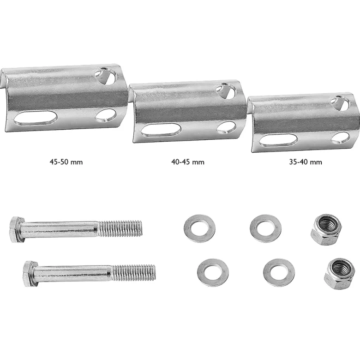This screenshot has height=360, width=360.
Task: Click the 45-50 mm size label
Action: click(66, 162)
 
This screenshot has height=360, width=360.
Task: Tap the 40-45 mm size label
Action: click(188, 162)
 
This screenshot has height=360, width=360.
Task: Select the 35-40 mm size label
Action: click(306, 162)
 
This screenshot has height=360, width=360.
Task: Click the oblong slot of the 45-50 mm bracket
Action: click(36, 118)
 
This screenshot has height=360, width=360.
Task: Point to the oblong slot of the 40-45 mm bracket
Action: click(161, 130)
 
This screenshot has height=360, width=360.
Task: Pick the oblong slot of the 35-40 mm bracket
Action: click(278, 140)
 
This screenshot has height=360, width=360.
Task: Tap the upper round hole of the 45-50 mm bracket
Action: click(106, 76)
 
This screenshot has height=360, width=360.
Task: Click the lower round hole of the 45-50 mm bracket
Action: click(106, 115)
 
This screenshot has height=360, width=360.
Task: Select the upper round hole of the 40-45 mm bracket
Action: click(226, 91)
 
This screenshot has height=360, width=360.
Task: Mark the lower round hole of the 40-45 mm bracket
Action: click(226, 127)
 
